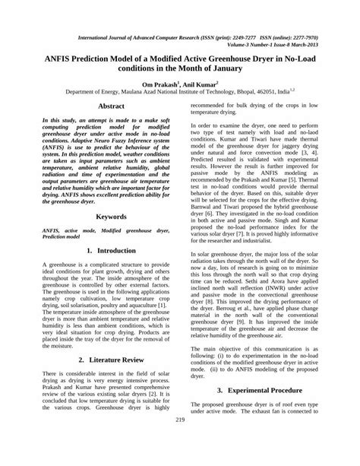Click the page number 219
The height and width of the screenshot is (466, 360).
(181, 442)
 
